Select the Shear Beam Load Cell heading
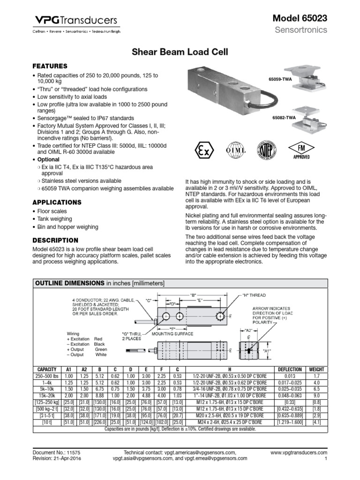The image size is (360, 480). coord(180,52)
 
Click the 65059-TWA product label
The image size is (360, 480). coord(280,80)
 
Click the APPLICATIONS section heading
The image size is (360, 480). coord(56,202)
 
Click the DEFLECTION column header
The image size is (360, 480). coord(290,369)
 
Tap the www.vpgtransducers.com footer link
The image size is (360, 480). coord(299,452)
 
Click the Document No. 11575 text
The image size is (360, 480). coord(57,452)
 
